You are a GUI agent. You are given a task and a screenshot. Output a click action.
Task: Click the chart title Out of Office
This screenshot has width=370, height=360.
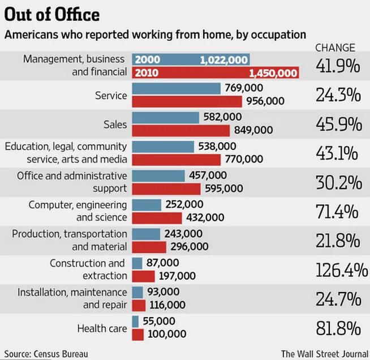(x=52, y=14)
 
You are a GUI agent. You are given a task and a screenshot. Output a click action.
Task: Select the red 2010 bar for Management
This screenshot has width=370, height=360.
(x=215, y=73)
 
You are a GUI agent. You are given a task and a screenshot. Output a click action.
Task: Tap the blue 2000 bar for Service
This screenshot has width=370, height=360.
(x=176, y=88)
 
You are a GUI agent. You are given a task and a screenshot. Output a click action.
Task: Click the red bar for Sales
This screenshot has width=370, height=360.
(x=180, y=130)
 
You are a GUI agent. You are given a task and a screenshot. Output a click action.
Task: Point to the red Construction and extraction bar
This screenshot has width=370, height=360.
(x=143, y=276)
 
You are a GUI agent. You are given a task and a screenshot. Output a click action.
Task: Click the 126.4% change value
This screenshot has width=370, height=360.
(x=341, y=270)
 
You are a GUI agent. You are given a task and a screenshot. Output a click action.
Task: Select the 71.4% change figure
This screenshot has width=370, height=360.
(x=338, y=212)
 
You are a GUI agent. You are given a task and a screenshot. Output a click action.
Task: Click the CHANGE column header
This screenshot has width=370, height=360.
(x=335, y=48)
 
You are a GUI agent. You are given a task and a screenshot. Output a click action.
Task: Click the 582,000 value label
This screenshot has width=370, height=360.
(x=222, y=117)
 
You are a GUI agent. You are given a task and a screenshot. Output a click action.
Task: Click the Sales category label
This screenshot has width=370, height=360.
(x=115, y=124)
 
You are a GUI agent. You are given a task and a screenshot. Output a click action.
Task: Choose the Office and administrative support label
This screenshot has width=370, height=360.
(x=72, y=182)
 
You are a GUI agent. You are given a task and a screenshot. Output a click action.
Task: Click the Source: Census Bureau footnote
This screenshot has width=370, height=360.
(x=45, y=354)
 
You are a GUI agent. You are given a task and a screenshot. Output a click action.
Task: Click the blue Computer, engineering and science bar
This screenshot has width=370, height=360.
(x=147, y=204)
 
